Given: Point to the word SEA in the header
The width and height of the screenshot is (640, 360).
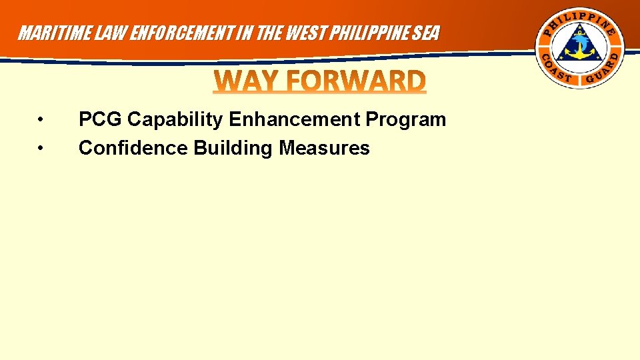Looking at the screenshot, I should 426,33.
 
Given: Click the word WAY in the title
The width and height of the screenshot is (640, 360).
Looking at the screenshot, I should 244,82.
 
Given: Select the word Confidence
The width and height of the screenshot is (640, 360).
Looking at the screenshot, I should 133,147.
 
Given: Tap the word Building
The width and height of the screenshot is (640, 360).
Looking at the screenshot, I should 234,147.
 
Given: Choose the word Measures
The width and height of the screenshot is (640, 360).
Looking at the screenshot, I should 324,147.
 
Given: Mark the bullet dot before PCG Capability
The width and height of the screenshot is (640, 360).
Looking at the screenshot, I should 41,120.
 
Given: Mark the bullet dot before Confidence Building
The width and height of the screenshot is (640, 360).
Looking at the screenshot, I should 41,147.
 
